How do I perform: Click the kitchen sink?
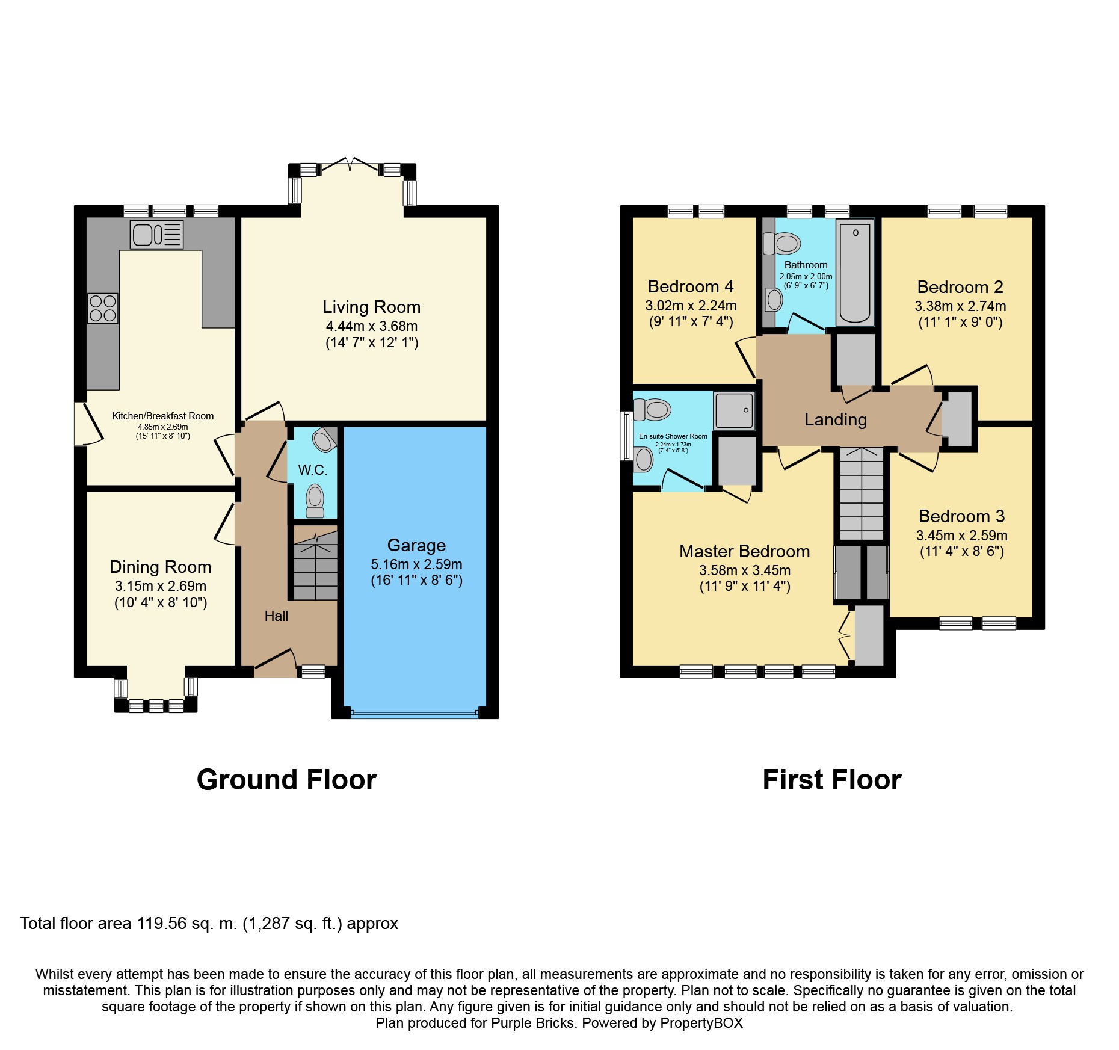(156, 235)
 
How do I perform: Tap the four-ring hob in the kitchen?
(103, 308)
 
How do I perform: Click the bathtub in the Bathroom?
(855, 273)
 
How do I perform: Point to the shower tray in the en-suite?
(734, 410)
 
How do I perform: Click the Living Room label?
(372, 307)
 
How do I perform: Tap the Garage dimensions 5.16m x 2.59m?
(416, 564)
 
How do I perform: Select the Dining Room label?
(161, 567)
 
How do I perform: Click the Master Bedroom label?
(745, 551)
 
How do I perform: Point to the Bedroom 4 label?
(691, 286)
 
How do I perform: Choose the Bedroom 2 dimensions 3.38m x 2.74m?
(960, 306)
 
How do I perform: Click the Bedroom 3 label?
(961, 516)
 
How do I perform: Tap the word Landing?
(836, 419)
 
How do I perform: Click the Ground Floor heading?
(286, 780)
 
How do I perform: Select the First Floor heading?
(832, 780)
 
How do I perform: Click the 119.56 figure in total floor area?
(162, 924)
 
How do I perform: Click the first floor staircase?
(862, 494)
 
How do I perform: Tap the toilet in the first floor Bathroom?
(781, 244)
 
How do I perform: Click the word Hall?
(276, 616)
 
